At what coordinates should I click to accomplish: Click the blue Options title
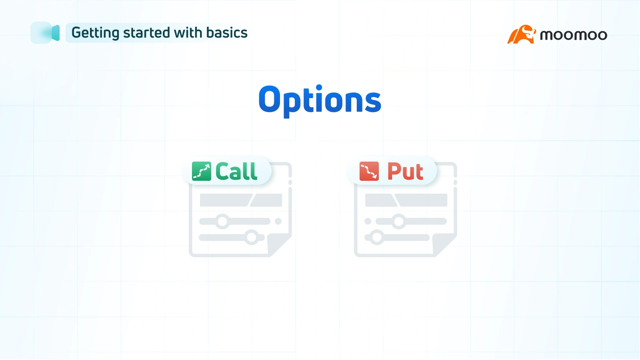[320, 100]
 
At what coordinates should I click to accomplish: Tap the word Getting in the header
[95, 33]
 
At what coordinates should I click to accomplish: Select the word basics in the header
[227, 33]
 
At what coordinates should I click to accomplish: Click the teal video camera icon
[46, 33]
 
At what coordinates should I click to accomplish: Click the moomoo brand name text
[573, 35]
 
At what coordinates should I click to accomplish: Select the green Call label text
[236, 172]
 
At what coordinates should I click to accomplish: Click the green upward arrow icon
[201, 171]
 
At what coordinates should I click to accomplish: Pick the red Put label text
[405, 172]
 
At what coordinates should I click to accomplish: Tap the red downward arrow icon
[369, 171]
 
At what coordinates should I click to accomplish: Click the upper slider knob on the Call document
[222, 221]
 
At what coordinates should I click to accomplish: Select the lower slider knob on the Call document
[252, 237]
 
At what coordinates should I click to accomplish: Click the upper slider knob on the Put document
[398, 221]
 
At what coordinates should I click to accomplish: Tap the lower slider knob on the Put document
[377, 237]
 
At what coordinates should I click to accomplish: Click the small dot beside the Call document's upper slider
[278, 221]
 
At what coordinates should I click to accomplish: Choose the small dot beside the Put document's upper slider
[368, 221]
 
